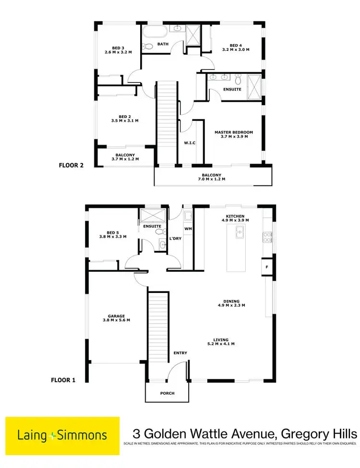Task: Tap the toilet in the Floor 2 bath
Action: (x=148, y=47)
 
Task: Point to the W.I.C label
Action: (x=190, y=142)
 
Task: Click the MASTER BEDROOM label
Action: (x=234, y=132)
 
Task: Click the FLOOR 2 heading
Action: (x=71, y=165)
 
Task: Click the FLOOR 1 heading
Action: (x=63, y=380)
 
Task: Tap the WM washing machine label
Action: (x=188, y=229)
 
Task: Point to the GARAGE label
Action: (x=116, y=316)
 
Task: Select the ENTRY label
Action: (x=180, y=353)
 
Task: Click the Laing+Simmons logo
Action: (x=62, y=435)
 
